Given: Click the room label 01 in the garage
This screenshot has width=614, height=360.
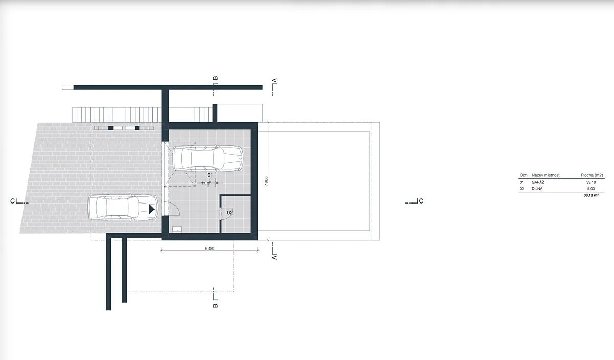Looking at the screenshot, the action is click(x=210, y=175).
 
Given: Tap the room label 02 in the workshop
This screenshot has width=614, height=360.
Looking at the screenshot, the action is click(x=230, y=213).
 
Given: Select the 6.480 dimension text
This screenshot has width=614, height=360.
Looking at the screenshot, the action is click(x=210, y=249).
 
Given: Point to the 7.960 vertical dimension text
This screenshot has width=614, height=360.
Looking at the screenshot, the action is click(x=266, y=181).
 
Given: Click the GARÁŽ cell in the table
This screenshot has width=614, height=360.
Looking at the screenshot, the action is click(x=538, y=182).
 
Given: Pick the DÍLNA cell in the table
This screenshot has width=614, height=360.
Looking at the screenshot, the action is click(x=537, y=189).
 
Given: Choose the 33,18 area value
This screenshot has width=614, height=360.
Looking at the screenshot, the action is click(x=590, y=182).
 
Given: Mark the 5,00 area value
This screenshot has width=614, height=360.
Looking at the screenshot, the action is click(x=591, y=189).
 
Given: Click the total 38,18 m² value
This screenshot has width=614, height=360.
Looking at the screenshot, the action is click(x=591, y=195).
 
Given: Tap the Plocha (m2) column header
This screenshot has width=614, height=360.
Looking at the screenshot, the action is click(x=592, y=175).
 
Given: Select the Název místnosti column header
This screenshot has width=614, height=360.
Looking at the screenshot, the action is click(x=546, y=175).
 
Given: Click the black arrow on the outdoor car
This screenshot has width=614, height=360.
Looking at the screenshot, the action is click(x=152, y=209).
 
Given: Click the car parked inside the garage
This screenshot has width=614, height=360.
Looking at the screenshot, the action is click(x=208, y=159).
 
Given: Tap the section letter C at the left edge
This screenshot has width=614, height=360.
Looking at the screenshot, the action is click(x=12, y=201).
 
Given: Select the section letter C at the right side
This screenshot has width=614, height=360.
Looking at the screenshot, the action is click(x=421, y=201).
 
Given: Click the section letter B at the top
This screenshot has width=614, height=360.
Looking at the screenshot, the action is click(x=216, y=78).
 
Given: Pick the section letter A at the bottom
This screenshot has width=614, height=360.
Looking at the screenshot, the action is click(x=275, y=258).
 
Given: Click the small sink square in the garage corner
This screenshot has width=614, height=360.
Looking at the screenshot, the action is click(x=177, y=230).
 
